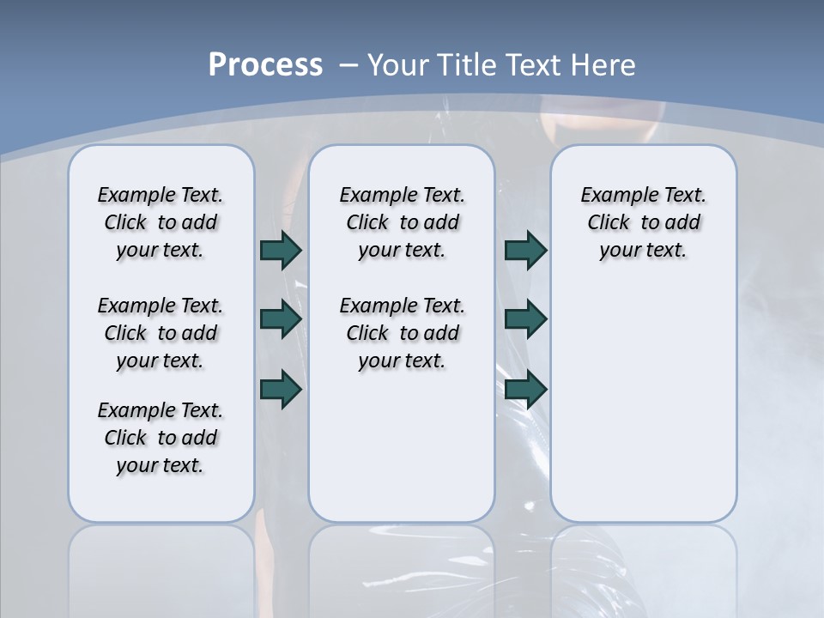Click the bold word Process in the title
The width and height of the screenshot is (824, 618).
[265, 64]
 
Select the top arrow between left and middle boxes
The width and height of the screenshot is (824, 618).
[281, 250]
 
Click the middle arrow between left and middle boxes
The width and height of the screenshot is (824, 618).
[281, 319]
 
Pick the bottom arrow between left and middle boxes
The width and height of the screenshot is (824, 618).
[281, 389]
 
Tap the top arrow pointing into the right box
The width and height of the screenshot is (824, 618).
[525, 250]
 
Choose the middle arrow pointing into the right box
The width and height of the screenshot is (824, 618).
[525, 319]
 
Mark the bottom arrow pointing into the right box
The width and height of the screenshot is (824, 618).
[525, 389]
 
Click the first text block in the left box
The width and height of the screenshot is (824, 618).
[161, 222]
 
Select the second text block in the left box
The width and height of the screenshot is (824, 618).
[161, 333]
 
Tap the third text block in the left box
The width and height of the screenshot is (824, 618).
[161, 438]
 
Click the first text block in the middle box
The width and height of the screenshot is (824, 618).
[402, 222]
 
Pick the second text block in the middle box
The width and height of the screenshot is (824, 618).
[402, 333]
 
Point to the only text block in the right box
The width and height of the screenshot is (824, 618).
[643, 222]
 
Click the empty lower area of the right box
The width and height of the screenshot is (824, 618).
[643, 412]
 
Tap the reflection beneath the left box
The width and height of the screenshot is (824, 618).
[161, 566]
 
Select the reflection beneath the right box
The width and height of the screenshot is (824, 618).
[643, 566]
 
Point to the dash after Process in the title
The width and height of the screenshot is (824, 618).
[348, 64]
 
